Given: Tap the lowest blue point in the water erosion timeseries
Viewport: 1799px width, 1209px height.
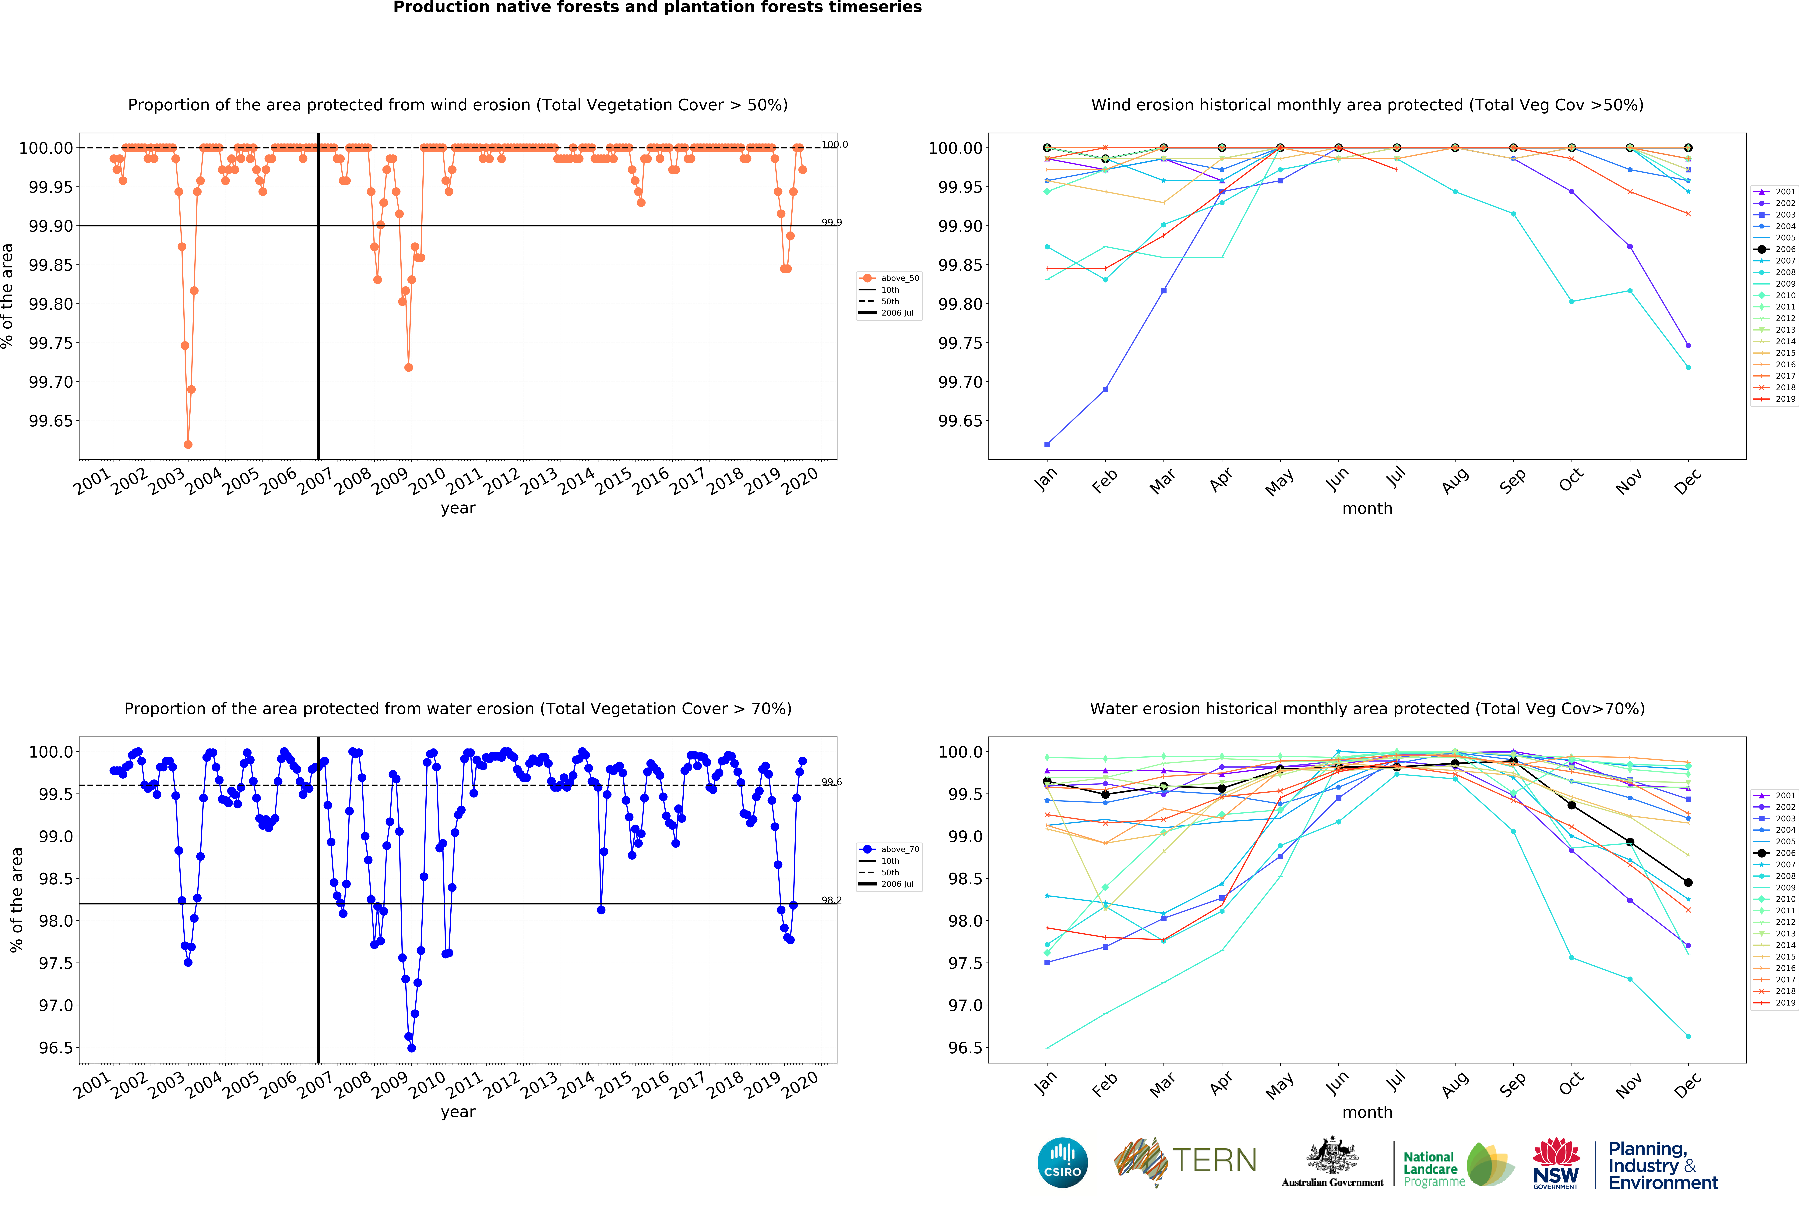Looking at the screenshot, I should coord(412,1048).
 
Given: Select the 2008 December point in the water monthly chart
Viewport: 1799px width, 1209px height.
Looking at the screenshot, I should coord(1688,1036).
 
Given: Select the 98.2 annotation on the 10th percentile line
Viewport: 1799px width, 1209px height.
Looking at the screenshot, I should coord(831,900).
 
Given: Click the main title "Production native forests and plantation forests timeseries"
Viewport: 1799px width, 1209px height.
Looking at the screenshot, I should coord(657,8).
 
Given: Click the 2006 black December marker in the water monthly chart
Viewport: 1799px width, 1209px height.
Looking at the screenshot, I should coord(1688,882).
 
